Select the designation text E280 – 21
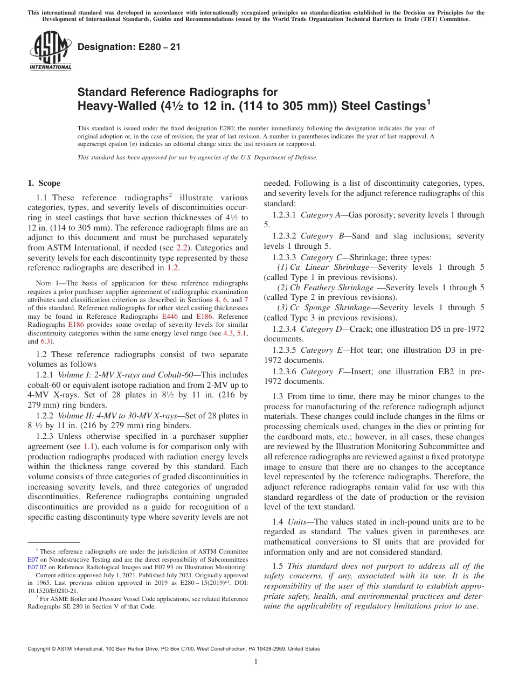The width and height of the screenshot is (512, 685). click(x=129, y=47)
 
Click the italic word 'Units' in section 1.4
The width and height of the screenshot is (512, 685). click(x=298, y=522)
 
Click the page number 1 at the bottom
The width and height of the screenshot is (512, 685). click(x=256, y=662)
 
